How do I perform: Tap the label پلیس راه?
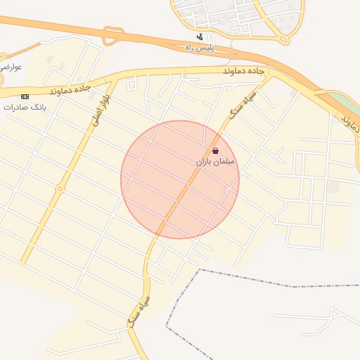199,47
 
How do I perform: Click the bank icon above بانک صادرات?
25,96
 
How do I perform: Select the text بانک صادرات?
25,108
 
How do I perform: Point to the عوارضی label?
13,67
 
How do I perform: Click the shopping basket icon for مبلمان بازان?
215,151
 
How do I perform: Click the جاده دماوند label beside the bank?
71,89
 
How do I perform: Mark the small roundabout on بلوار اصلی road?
60,188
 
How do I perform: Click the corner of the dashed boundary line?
200,269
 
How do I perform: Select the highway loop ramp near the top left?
112,35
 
